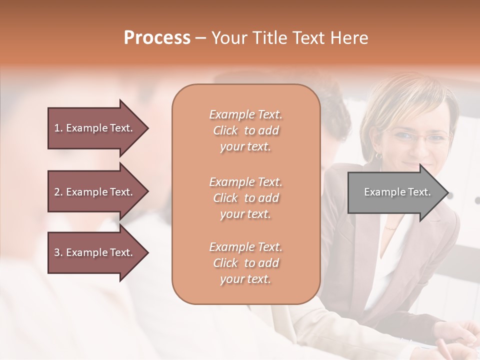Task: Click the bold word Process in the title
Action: click(157, 38)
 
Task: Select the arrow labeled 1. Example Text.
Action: click(95, 128)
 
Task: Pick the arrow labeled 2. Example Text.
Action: click(95, 192)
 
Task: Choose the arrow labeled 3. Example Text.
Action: click(95, 252)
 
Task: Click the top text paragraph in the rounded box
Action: click(245, 130)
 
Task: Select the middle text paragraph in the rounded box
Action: click(245, 198)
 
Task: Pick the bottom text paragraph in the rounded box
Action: click(245, 263)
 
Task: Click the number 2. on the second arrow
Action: click(58, 192)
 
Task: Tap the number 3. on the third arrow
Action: click(58, 252)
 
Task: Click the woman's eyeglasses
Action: click(417, 136)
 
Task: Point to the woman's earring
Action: click(378, 155)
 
